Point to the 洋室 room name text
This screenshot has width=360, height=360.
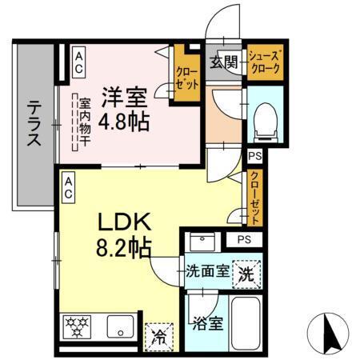123,98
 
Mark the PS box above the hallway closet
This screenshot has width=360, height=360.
255,157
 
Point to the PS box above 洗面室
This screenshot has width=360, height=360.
243,239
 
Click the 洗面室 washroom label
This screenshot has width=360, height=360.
206,271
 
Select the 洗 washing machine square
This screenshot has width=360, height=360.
246,274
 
